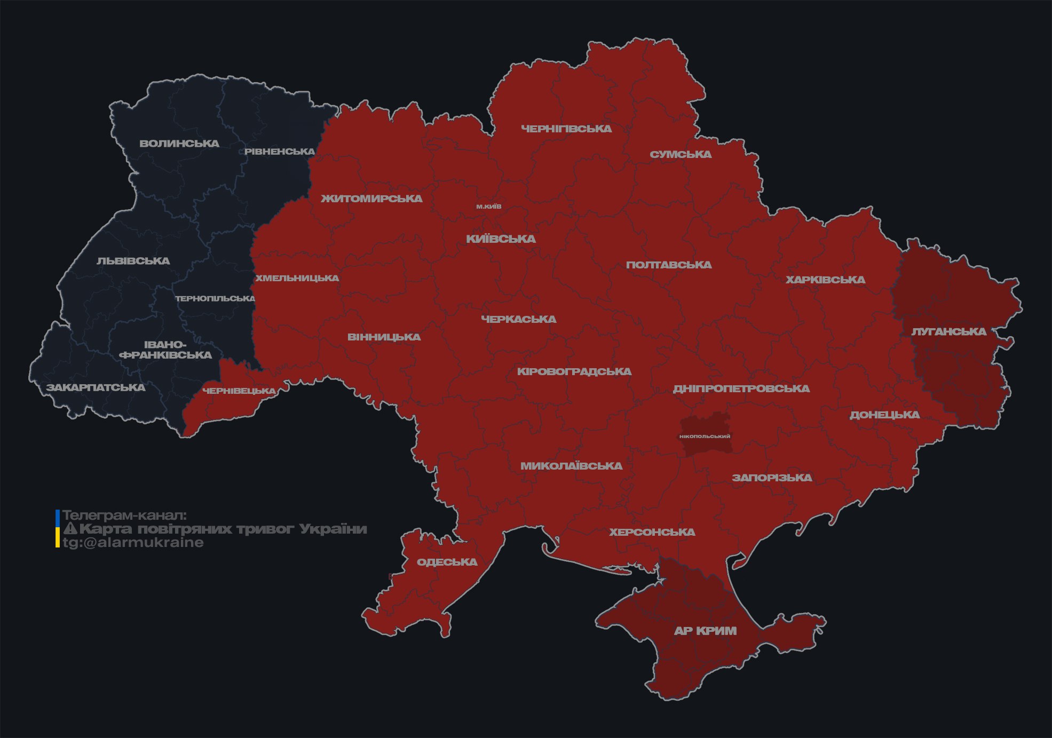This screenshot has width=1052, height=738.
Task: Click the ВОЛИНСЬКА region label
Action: point(179,144)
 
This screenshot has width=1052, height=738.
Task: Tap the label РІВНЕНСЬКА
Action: point(280,152)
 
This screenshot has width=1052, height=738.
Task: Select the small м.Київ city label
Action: point(489,207)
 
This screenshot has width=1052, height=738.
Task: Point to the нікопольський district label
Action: point(705,437)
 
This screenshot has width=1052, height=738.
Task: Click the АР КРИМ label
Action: point(705,631)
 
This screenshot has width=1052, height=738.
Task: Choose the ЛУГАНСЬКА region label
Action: point(948,332)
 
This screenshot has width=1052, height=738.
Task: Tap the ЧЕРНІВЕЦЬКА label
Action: point(239,391)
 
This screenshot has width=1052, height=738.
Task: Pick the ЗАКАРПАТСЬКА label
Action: point(96,387)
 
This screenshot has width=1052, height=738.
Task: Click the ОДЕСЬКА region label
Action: point(447,562)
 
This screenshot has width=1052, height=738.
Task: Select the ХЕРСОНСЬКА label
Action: point(652,532)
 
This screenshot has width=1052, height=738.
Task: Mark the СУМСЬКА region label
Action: point(681,155)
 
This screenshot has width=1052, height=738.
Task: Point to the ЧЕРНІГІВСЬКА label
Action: point(566,129)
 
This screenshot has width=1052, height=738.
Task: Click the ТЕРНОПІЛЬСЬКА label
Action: point(215,298)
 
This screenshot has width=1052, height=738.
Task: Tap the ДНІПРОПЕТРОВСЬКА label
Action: point(741,388)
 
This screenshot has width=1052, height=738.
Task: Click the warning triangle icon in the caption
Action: point(70,529)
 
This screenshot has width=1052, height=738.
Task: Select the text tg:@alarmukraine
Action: point(133,543)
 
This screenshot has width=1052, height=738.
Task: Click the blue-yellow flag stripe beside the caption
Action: point(58,528)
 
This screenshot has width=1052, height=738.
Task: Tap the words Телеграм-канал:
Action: point(124,515)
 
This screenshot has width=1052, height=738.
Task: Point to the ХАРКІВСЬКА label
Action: point(825,280)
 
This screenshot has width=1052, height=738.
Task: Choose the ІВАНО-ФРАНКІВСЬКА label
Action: point(165,350)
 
